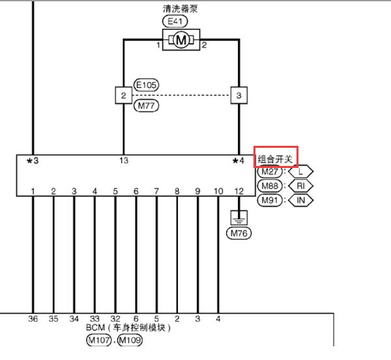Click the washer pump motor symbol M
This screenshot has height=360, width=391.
pyautogui.click(x=181, y=40)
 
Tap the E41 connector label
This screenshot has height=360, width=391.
pyautogui.click(x=175, y=21)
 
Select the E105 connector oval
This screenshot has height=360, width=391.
pyautogui.click(x=146, y=85)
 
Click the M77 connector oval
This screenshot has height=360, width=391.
pyautogui.click(x=146, y=105)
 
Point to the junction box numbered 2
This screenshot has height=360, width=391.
pyautogui.click(x=123, y=96)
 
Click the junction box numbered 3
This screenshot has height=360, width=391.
pyautogui.click(x=239, y=96)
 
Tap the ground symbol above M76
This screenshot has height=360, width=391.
pyautogui.click(x=239, y=217)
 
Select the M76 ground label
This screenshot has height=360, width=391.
pyautogui.click(x=239, y=234)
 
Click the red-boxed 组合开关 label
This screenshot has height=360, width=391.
pyautogui.click(x=276, y=159)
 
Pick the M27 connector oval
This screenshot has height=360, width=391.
pyautogui.click(x=270, y=172)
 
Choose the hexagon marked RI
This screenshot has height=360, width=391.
pyautogui.click(x=300, y=186)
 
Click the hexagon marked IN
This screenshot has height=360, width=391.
pyautogui.click(x=300, y=200)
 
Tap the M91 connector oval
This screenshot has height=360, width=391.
pyautogui.click(x=270, y=200)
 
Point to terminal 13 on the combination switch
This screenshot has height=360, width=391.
pyautogui.click(x=124, y=160)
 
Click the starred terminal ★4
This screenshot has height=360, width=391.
pyautogui.click(x=238, y=161)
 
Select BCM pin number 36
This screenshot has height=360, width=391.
pyautogui.click(x=33, y=318)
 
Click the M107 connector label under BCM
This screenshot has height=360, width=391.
pyautogui.click(x=99, y=340)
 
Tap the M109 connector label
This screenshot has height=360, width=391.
pyautogui.click(x=130, y=340)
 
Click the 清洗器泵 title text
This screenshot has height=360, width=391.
pyautogui.click(x=180, y=9)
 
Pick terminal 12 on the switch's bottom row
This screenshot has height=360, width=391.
pyautogui.click(x=239, y=191)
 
